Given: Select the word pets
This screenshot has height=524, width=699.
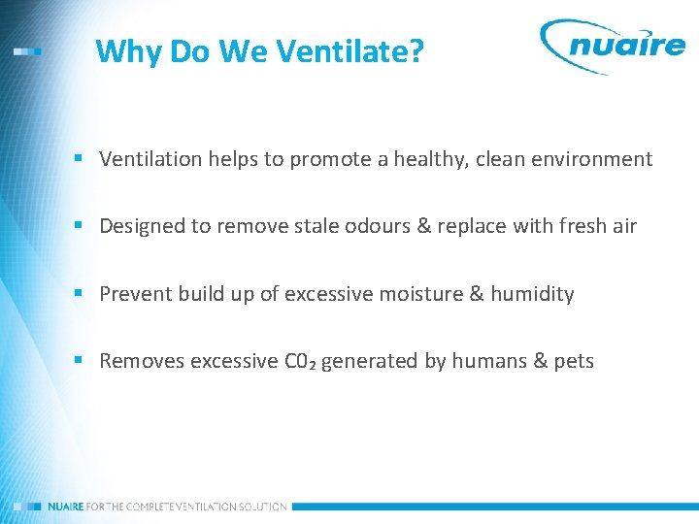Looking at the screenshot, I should [574, 362].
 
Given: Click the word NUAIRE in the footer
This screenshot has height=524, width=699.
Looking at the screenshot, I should [67, 507].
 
